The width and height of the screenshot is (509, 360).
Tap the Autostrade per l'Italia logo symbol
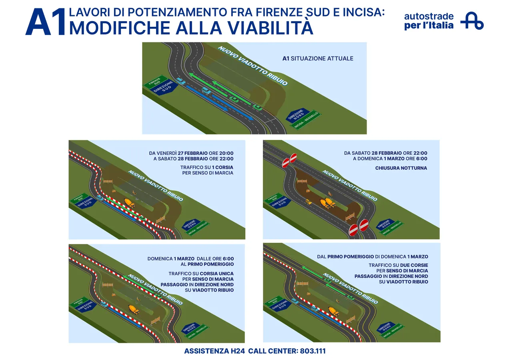(472, 21)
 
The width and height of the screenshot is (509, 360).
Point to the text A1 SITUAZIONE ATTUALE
(318, 58)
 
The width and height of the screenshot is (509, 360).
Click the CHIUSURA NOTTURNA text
(401, 168)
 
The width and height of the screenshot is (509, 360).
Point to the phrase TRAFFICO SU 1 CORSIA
(207, 167)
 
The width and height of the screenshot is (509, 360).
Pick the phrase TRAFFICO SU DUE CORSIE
(398, 265)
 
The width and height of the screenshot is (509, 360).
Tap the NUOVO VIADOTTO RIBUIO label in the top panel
(252, 66)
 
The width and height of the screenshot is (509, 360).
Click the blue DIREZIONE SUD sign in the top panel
(164, 88)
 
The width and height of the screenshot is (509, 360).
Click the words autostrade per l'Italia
(429, 21)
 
